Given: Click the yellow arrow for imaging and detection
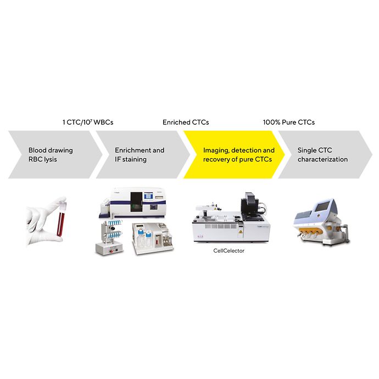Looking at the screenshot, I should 233,154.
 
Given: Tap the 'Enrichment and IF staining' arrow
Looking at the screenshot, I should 140,154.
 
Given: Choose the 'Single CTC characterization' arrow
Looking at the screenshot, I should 324,154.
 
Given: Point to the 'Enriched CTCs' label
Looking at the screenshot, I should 186,122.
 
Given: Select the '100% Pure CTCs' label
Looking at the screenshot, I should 289,122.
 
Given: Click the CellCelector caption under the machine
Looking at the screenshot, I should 229,250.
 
